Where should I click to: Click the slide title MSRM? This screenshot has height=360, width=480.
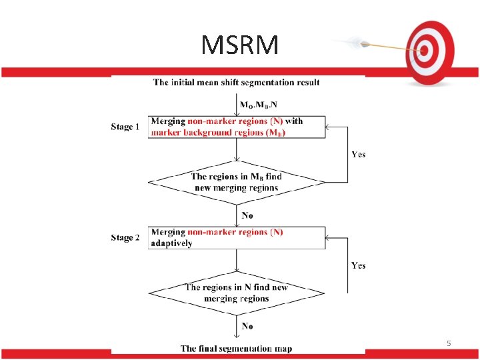tap(240, 45)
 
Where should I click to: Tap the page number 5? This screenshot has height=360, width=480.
tap(449, 343)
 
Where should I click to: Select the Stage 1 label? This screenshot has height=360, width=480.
tap(125, 127)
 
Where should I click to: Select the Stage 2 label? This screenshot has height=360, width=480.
tap(125, 237)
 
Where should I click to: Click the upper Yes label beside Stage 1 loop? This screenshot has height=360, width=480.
tap(358, 154)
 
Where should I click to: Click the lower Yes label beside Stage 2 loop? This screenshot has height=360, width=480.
tap(358, 265)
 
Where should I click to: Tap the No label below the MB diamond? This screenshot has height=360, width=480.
tap(247, 215)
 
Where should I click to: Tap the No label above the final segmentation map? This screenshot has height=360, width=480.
tap(247, 326)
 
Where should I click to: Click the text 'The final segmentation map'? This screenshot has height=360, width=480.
tap(236, 349)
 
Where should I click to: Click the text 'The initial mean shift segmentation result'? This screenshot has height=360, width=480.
tap(236, 83)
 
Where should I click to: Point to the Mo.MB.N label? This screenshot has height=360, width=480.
tap(259, 105)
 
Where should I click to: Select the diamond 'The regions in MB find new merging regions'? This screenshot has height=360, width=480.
tap(237, 181)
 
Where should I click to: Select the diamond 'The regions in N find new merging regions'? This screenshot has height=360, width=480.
tap(237, 293)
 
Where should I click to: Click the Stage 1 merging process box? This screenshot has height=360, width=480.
tap(237, 127)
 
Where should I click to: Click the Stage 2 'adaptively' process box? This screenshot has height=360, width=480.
tap(237, 237)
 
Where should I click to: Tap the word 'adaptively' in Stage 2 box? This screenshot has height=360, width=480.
tap(171, 243)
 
